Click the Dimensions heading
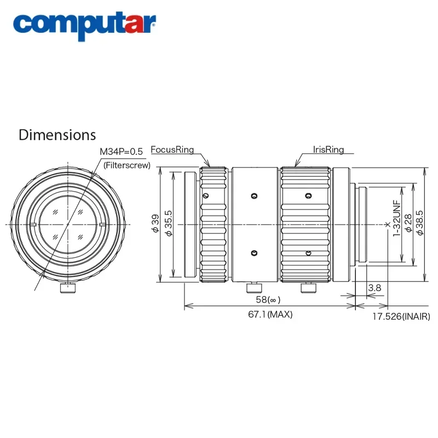coord(57,135)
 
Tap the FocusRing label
coord(172,149)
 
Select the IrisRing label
coord(328,149)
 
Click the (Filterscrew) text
coord(126,164)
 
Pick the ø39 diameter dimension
coord(155,224)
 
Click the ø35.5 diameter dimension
coord(169,224)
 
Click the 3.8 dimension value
coord(374,287)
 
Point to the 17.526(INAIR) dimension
coord(401,316)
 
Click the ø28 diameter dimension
coord(408,224)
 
